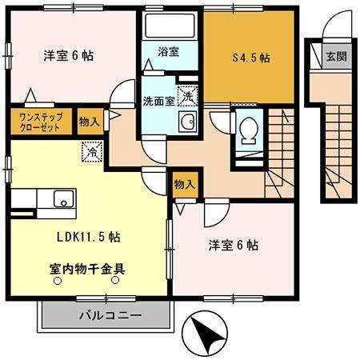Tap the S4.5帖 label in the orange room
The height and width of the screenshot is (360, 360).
250,58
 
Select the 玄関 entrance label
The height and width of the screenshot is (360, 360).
336,57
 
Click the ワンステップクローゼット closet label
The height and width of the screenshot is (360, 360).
40,121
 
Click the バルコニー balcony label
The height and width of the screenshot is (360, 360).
110,315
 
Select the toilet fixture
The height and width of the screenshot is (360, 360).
248,130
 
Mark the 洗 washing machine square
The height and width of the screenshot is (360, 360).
186,95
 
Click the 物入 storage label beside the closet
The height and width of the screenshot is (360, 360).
90,121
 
